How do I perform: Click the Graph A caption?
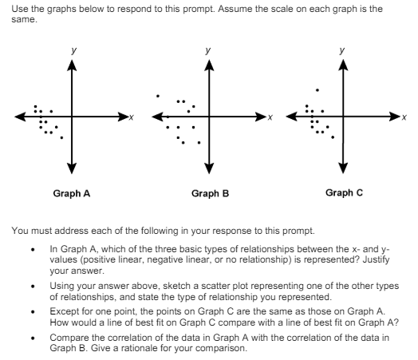click(x=71, y=193)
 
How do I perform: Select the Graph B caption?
click(x=210, y=193)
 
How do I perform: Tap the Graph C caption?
click(x=345, y=192)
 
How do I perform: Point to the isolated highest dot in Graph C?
click(x=317, y=89)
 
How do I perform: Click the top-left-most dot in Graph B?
click(x=158, y=95)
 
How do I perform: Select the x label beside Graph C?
click(x=404, y=118)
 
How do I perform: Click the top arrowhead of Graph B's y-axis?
click(x=209, y=65)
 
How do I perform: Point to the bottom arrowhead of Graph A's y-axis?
click(x=71, y=168)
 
